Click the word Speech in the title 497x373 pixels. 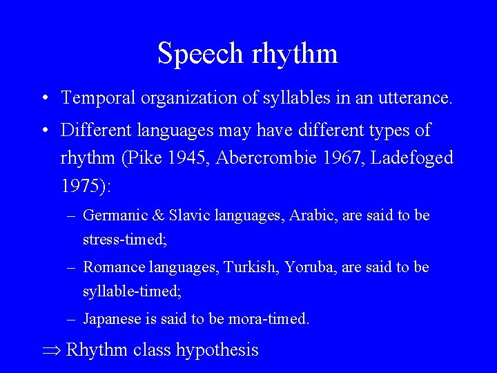[x=200, y=54]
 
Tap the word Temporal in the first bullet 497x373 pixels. [x=98, y=98]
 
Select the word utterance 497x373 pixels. [x=415, y=98]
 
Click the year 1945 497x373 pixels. [x=188, y=158]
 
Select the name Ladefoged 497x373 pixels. [x=412, y=158]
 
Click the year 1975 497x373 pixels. [x=81, y=186]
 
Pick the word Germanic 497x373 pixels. [x=113, y=216]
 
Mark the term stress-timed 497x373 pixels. [x=125, y=240]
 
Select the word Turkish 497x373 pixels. [x=249, y=267]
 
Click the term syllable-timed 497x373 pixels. [x=132, y=292]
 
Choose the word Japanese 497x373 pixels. [x=112, y=319]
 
